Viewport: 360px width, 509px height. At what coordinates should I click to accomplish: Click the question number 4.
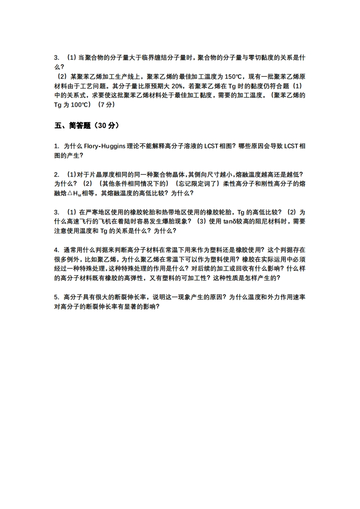[x=56, y=250]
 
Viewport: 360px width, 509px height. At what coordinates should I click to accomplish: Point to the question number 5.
[x=56, y=297]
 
